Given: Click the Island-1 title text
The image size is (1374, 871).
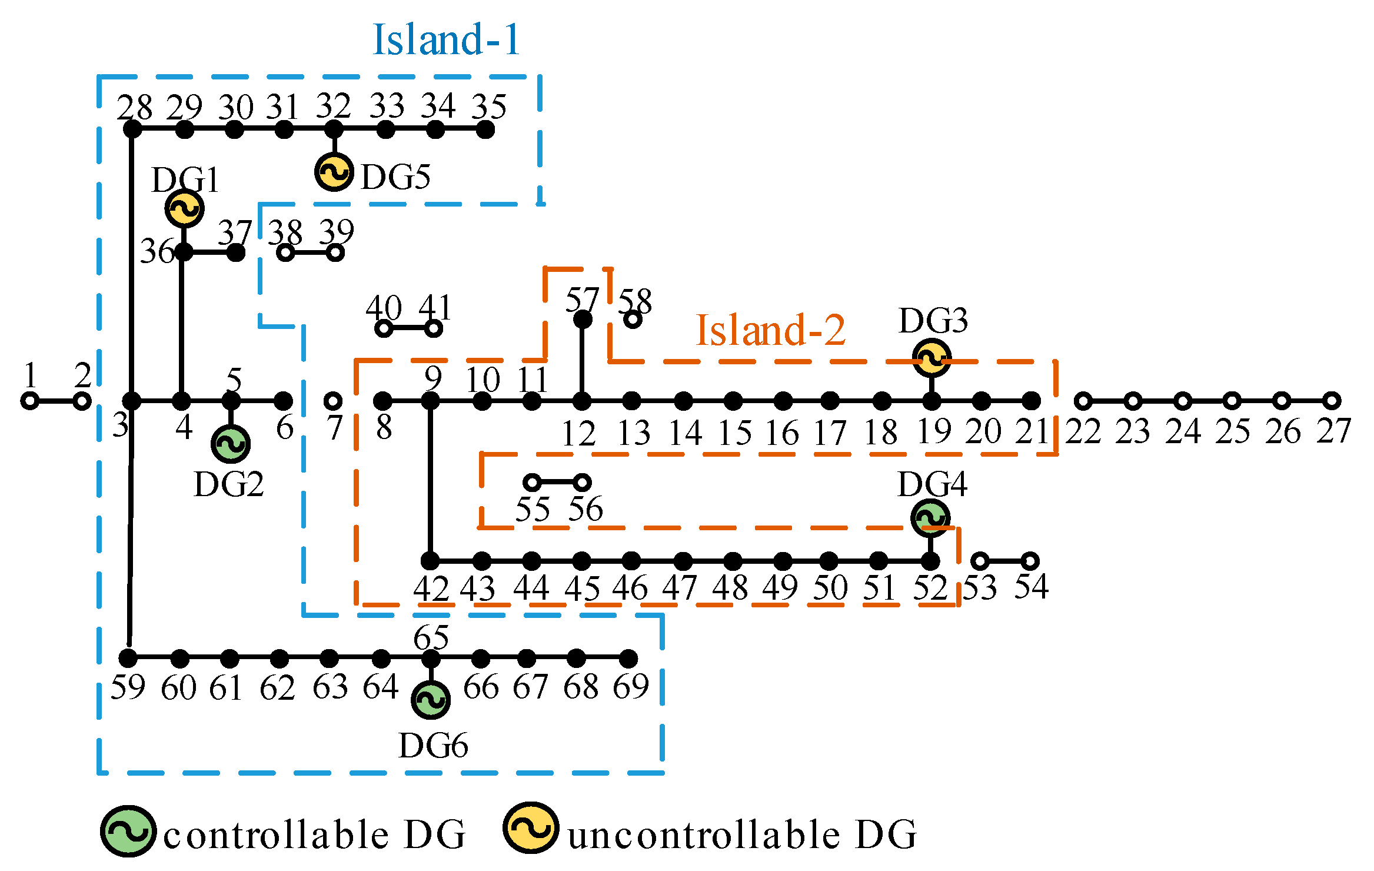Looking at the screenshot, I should pyautogui.click(x=447, y=40).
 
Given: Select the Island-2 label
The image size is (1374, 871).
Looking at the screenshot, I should pyautogui.click(x=770, y=330).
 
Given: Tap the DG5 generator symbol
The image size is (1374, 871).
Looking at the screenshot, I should pyautogui.click(x=334, y=172).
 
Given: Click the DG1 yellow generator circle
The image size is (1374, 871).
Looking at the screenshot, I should pyautogui.click(x=185, y=208).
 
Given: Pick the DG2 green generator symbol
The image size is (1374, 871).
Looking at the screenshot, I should pyautogui.click(x=231, y=444).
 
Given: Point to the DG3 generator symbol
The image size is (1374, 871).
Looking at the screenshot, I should pyautogui.click(x=931, y=358).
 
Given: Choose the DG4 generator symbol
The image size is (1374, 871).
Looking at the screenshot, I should pyautogui.click(x=930, y=518).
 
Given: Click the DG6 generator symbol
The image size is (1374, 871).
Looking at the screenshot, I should pyautogui.click(x=431, y=700).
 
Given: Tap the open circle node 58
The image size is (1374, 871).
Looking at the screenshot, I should pyautogui.click(x=633, y=320).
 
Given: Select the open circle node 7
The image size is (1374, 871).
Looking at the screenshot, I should pyautogui.click(x=333, y=401).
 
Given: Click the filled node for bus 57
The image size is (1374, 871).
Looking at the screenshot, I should pyautogui.click(x=583, y=320).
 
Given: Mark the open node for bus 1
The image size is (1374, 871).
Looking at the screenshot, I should pyautogui.click(x=29, y=401).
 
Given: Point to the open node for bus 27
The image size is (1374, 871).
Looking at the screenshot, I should pyautogui.click(x=1332, y=401).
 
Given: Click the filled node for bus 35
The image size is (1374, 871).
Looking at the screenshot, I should pyautogui.click(x=485, y=129).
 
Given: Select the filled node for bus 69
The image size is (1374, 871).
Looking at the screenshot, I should pyautogui.click(x=628, y=658).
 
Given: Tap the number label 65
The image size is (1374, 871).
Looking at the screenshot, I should pyautogui.click(x=431, y=637).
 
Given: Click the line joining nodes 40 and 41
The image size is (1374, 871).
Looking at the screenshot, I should pyautogui.click(x=408, y=328).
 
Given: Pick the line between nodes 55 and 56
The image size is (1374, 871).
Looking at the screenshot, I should pyautogui.click(x=557, y=483).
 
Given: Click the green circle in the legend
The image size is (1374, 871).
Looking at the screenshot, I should pyautogui.click(x=128, y=831).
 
